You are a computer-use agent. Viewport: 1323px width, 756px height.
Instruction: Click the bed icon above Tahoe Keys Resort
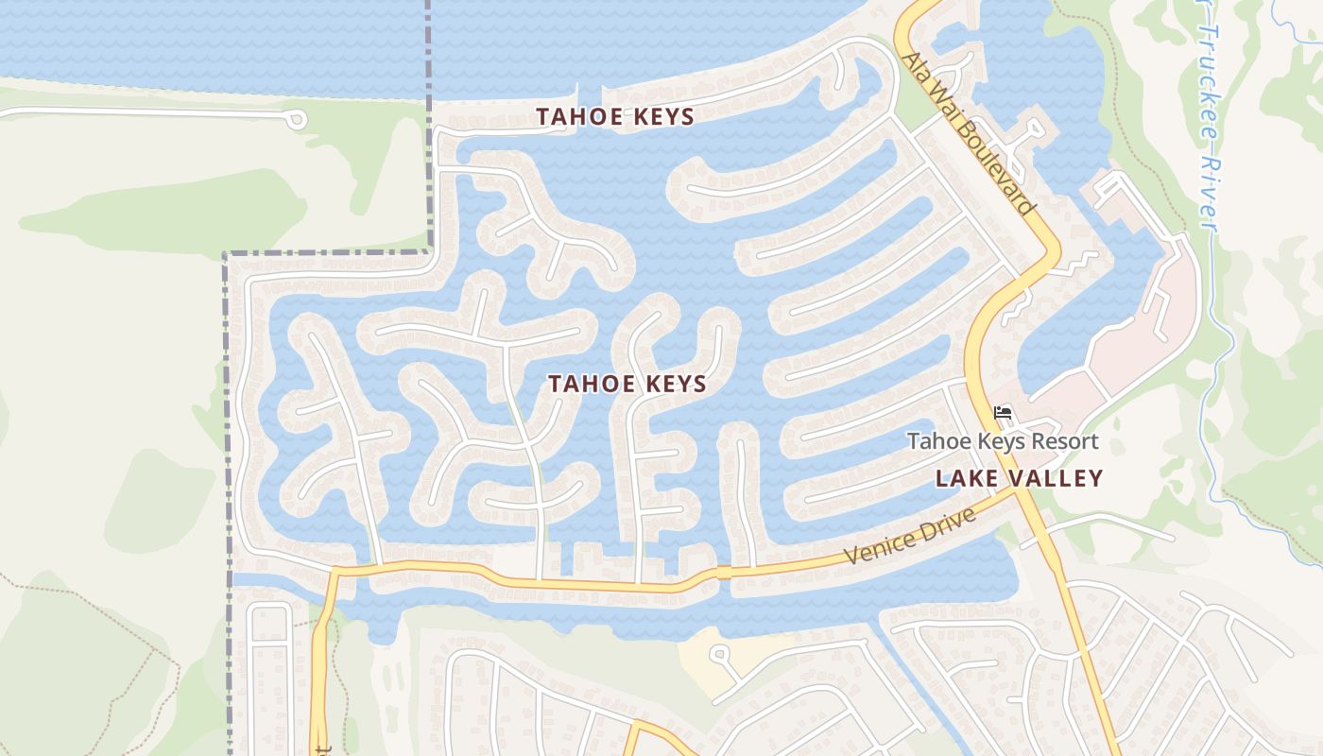click(1003, 413)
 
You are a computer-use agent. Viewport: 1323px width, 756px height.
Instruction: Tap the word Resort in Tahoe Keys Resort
click(1065, 441)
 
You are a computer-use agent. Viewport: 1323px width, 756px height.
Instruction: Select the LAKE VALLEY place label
click(1019, 478)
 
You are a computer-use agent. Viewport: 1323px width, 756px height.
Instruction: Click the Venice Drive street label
click(909, 535)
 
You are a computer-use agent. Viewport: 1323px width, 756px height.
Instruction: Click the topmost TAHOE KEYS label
click(615, 117)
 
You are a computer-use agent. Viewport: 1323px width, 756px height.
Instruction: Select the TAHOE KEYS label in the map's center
click(627, 384)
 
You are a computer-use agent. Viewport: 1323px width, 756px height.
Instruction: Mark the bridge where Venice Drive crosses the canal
click(724, 573)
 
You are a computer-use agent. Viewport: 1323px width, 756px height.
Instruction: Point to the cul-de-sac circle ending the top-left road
click(296, 119)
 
